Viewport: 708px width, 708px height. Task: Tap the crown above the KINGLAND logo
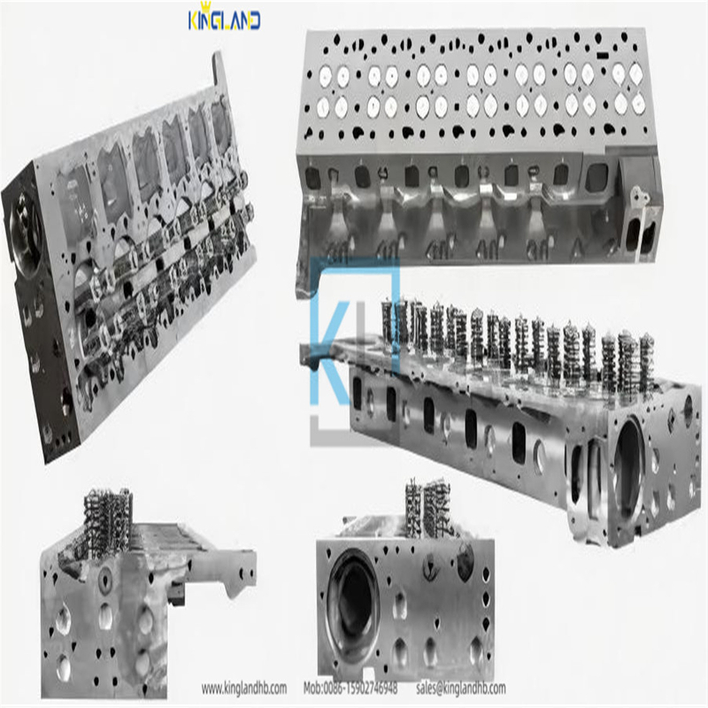[207, 7]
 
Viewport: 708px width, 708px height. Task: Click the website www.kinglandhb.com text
[244, 689]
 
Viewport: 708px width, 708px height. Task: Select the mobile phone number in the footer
[350, 689]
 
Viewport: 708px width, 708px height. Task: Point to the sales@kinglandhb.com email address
[460, 689]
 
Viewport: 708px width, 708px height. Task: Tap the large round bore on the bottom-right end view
[353, 606]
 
